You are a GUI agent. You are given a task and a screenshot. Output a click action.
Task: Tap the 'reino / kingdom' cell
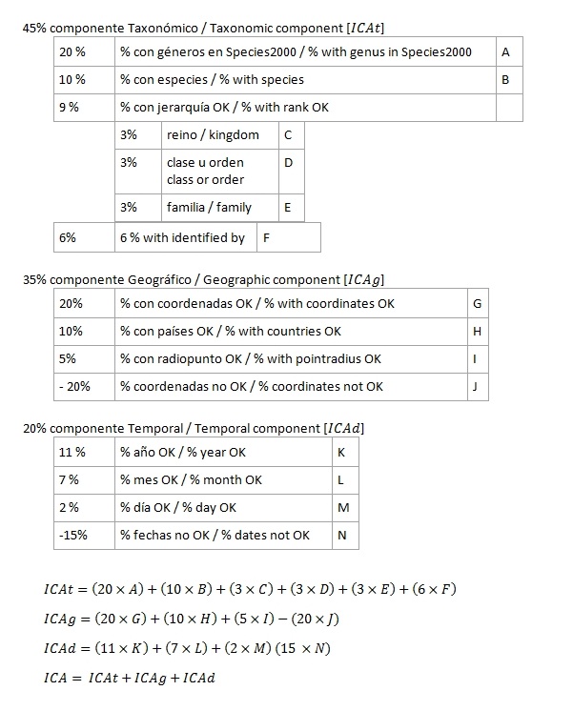click(x=219, y=135)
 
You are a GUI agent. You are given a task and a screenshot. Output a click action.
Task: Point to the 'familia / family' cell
click(x=219, y=207)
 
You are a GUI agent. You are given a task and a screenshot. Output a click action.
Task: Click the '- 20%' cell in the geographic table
click(x=84, y=386)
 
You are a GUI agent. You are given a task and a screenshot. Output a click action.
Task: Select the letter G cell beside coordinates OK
click(x=478, y=304)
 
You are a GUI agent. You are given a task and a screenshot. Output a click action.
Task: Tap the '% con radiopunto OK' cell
click(x=290, y=358)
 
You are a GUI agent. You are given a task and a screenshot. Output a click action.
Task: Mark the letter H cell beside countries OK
click(x=478, y=332)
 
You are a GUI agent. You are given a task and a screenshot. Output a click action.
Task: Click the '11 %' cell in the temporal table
click(x=84, y=453)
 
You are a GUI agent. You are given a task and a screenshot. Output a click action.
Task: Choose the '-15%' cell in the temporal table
click(x=84, y=535)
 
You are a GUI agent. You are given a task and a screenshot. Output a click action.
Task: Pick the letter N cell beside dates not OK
click(x=343, y=535)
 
